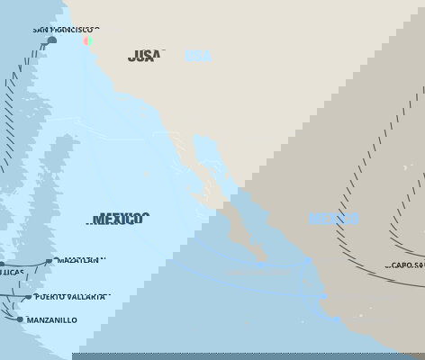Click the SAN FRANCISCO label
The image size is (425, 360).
pyautogui.click(x=66, y=30)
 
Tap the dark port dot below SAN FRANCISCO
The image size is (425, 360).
pyautogui.click(x=51, y=40)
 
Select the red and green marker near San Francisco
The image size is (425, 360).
pyautogui.click(x=87, y=40)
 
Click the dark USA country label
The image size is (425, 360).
pyautogui.click(x=144, y=56)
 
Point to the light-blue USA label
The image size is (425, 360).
pyautogui.click(x=197, y=56)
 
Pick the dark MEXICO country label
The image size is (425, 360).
pyautogui.click(x=119, y=219)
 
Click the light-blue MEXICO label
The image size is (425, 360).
pyautogui.click(x=334, y=219)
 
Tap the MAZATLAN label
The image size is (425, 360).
pyautogui.click(x=80, y=260)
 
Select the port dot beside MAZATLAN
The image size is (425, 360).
pyautogui.click(x=49, y=261)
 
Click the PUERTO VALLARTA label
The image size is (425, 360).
pyautogui.click(x=73, y=296)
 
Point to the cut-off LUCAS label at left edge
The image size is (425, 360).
pyautogui.click(x=13, y=272)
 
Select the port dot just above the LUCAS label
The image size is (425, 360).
pyautogui.click(x=2, y=265)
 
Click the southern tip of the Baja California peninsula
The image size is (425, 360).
pyautogui.click(x=264, y=261)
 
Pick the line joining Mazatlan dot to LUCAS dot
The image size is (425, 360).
pyautogui.click(x=25, y=263)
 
